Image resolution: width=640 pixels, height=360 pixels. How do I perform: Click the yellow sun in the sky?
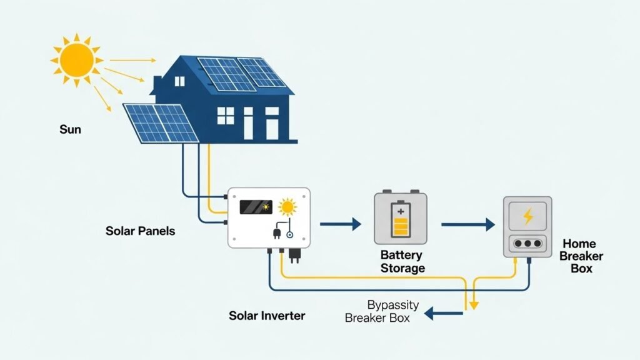(76, 59)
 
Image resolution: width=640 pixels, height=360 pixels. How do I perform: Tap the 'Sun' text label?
(70, 130)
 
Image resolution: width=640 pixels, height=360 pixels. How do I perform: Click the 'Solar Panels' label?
(140, 231)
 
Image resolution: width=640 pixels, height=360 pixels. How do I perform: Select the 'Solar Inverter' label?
(267, 315)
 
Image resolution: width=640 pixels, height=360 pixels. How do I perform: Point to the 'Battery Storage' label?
(402, 262)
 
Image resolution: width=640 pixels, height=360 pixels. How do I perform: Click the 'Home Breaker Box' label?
(577, 256)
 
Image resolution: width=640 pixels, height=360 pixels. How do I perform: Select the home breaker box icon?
(527, 227)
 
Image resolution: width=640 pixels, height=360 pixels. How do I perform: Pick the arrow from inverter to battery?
(341, 224)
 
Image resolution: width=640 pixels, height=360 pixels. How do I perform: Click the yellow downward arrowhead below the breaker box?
(474, 306)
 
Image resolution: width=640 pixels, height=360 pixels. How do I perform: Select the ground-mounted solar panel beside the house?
(161, 122)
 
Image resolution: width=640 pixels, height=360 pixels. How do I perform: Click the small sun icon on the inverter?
(287, 206)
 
